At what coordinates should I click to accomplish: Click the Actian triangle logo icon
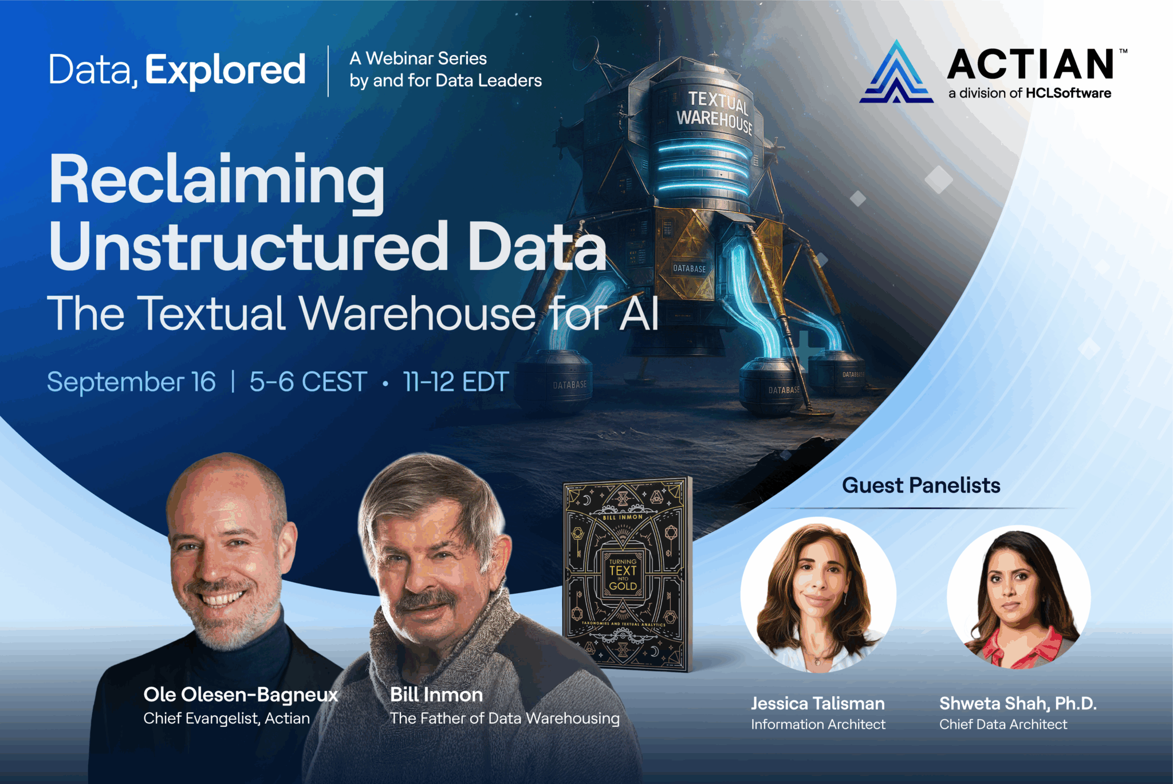(x=896, y=74)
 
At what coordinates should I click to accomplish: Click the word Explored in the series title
(x=225, y=70)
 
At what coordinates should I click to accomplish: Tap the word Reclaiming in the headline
(x=217, y=180)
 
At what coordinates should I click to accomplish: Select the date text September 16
(x=131, y=382)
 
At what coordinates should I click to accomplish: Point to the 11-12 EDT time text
(x=456, y=382)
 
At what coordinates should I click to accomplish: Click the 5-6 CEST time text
(x=308, y=382)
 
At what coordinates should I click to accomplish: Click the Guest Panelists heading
(x=921, y=485)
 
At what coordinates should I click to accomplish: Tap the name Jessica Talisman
(x=818, y=703)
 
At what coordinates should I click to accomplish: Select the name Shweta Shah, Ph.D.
(x=1018, y=703)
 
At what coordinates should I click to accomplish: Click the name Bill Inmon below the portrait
(x=436, y=695)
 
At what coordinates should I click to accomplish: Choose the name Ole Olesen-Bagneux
(x=241, y=695)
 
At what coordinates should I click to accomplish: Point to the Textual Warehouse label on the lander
(x=715, y=112)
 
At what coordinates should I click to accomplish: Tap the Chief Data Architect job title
(x=1003, y=724)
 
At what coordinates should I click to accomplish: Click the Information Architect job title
(x=818, y=724)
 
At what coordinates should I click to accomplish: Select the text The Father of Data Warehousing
(x=505, y=718)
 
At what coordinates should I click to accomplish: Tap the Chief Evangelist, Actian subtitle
(x=226, y=718)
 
